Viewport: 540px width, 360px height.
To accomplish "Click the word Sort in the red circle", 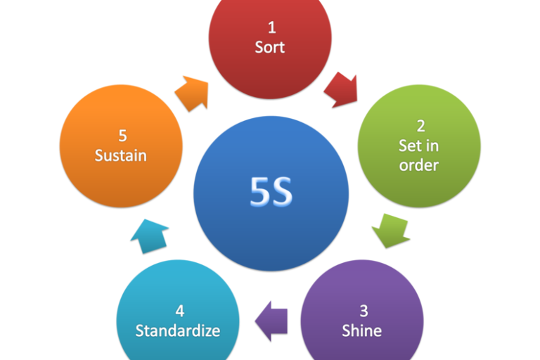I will coord(271,48).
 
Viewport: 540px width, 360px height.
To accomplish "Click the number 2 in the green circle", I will coord(420,127).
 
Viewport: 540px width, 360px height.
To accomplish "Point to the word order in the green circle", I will coord(419,165).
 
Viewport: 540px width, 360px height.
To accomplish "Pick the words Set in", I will coord(419,146).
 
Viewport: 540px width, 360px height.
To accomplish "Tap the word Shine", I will coord(361,330).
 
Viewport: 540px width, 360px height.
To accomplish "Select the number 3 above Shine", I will coord(363,311).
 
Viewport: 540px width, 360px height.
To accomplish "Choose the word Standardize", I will coord(177,330).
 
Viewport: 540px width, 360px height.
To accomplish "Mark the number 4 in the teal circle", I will coord(179,311).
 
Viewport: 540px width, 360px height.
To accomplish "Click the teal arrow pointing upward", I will coord(150,235).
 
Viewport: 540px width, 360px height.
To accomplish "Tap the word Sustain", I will coord(121,155).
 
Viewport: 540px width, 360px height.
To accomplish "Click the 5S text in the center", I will coord(271,192).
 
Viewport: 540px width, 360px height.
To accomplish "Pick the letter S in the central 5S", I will coord(283,192).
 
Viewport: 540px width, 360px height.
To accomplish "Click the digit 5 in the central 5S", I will coord(259,192).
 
